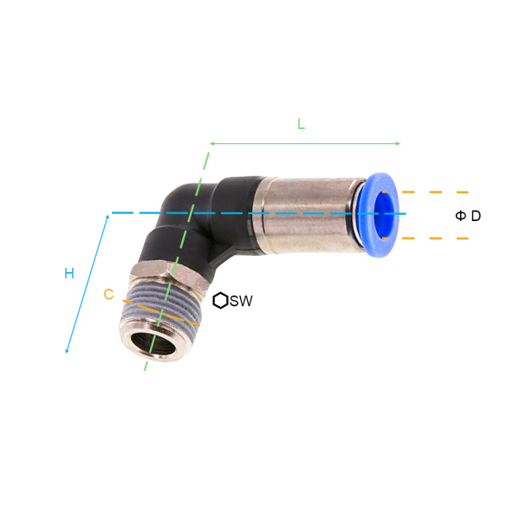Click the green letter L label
click(301, 124)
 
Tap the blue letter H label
click(69, 274)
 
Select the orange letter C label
click(108, 294)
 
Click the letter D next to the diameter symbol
click(476, 216)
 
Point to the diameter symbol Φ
click(460, 216)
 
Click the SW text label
click(241, 301)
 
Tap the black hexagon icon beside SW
click(220, 301)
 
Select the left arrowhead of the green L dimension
click(212, 144)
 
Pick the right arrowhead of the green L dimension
click(398, 144)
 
